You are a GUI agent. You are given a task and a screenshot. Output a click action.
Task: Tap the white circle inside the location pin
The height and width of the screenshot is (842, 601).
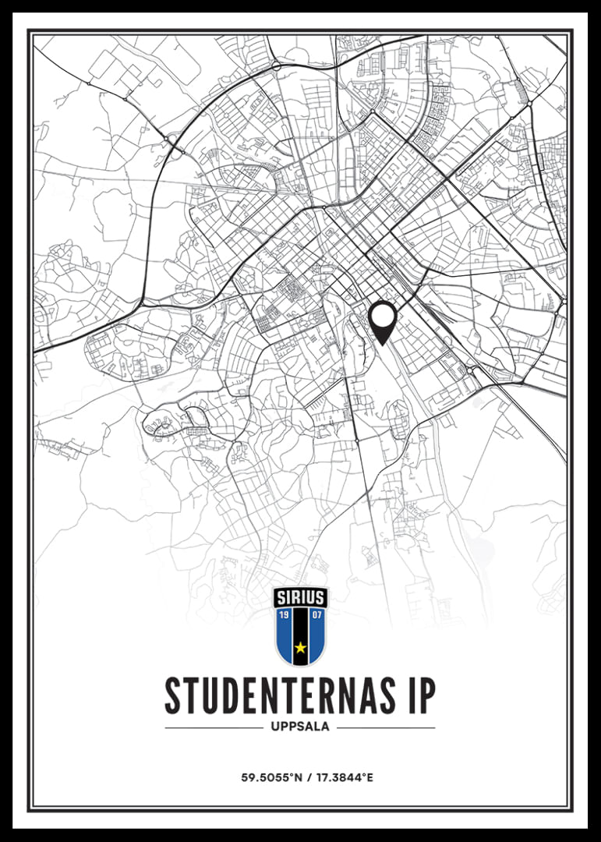(383, 316)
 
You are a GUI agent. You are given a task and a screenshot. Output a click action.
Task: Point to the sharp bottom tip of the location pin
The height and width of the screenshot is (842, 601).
(383, 345)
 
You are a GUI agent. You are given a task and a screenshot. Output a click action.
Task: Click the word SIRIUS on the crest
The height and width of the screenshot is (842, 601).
(301, 599)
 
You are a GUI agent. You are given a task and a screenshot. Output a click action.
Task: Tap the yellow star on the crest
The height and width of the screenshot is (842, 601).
(301, 647)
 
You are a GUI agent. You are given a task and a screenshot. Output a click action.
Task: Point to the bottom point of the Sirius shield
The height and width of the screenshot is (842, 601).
(301, 666)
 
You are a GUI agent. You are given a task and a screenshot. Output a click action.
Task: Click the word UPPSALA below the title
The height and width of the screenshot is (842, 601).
(300, 727)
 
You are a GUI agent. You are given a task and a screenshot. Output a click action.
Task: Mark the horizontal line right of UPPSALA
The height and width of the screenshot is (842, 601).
(386, 727)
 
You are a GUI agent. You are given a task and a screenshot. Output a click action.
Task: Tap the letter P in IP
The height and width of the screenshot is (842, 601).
(426, 695)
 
